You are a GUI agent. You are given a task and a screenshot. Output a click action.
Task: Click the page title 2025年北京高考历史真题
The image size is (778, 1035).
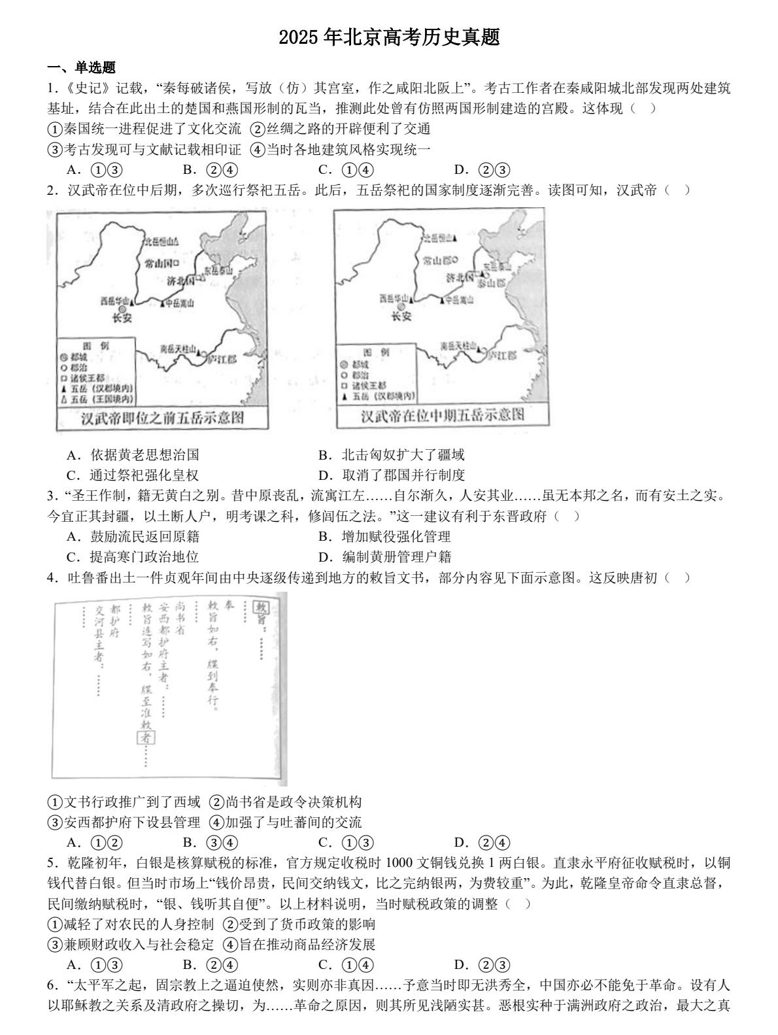click(x=389, y=37)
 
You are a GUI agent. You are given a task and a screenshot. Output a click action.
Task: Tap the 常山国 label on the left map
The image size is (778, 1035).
click(x=162, y=263)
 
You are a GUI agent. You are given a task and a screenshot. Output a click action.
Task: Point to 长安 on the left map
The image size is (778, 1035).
click(x=122, y=318)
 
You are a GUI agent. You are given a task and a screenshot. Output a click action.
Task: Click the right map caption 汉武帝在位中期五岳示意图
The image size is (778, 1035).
click(x=443, y=415)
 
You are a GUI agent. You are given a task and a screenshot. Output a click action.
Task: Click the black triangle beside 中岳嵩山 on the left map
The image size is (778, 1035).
click(x=162, y=303)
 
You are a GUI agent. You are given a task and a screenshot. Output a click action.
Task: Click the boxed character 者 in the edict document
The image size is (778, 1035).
click(x=146, y=738)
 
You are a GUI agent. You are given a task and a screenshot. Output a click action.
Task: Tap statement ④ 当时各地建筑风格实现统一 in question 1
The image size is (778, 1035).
click(x=341, y=149)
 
